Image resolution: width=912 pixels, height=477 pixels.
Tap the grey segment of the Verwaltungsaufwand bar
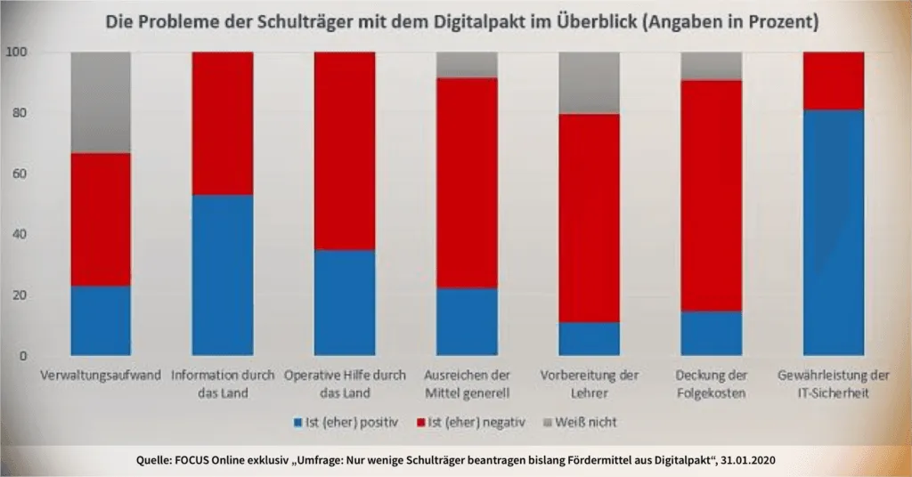[x=101, y=102]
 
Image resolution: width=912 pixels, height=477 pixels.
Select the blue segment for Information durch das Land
[x=223, y=275]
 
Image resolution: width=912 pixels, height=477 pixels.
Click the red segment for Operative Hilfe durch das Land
[x=344, y=150]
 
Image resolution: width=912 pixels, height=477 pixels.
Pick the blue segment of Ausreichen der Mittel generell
[x=466, y=321]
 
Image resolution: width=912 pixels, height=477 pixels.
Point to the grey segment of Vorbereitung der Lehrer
[x=589, y=83]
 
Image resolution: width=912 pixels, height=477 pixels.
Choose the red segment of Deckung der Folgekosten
[x=711, y=196]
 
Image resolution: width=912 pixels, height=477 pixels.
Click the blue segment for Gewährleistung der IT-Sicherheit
[x=833, y=232]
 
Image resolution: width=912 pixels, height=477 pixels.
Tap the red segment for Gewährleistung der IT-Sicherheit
[x=833, y=80]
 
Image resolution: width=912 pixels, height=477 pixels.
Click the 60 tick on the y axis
[x=20, y=174]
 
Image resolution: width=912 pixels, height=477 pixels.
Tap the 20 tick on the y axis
[x=20, y=295]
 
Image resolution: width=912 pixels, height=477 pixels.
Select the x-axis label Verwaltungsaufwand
[x=101, y=376]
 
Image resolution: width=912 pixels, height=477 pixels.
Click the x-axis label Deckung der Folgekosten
[x=711, y=384]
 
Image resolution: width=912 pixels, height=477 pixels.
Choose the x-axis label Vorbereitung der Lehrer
[x=589, y=384]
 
